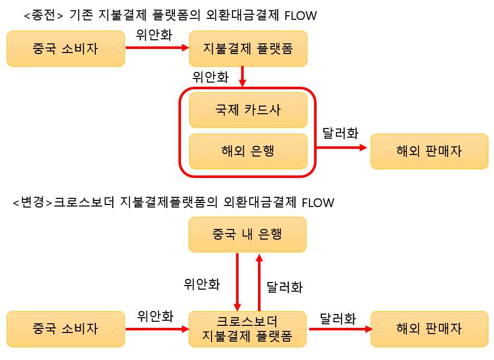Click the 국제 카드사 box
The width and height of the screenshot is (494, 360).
click(x=248, y=110)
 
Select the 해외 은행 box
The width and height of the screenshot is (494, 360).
click(x=248, y=151)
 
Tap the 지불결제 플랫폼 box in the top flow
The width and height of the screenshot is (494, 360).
click(x=248, y=48)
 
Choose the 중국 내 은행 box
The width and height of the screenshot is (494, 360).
click(x=248, y=235)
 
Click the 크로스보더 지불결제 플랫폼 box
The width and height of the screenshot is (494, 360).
click(x=248, y=329)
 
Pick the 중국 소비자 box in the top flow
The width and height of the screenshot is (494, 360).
click(x=66, y=48)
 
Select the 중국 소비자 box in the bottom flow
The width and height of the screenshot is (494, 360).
click(x=66, y=329)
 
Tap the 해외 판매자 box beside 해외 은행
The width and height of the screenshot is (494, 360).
click(x=429, y=151)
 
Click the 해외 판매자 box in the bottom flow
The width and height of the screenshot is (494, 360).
click(x=429, y=329)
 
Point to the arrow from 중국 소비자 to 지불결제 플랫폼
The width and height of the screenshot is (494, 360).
click(x=157, y=48)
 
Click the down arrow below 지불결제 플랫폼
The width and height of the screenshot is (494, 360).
click(x=242, y=76)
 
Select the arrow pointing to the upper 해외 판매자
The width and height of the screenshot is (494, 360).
click(x=342, y=147)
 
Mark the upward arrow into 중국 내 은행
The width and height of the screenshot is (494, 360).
click(x=259, y=282)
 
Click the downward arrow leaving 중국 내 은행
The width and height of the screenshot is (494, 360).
click(x=237, y=282)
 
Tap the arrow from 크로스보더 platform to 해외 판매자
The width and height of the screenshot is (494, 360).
click(x=341, y=329)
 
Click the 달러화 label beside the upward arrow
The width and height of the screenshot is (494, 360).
click(x=285, y=287)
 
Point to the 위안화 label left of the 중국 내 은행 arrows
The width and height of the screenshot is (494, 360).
click(x=202, y=284)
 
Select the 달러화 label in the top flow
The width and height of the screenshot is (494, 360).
click(x=341, y=134)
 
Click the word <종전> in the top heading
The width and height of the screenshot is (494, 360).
click(x=43, y=15)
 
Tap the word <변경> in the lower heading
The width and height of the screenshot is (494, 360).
click(x=32, y=202)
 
